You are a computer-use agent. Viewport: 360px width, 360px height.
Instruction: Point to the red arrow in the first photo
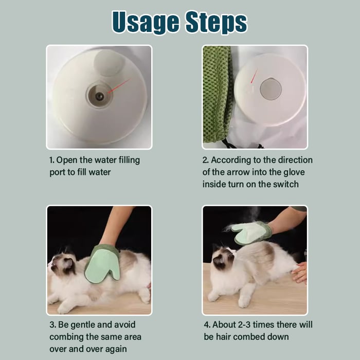pos(118,86)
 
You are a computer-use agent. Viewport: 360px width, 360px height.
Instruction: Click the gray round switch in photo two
pos(271,89)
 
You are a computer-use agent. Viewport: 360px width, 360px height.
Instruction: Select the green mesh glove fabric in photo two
pos(217,93)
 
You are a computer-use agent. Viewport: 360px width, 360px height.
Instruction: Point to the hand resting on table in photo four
pos(300,273)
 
